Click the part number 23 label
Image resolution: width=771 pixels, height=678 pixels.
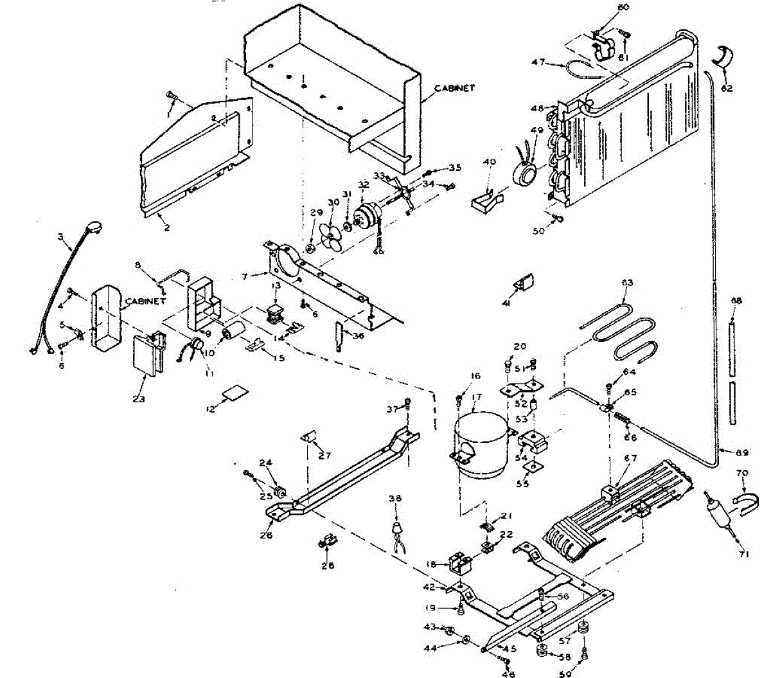[x=139, y=399]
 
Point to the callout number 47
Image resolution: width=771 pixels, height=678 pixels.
[x=538, y=62]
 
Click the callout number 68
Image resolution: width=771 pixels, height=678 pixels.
[x=736, y=301]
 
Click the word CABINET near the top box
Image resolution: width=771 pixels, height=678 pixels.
[x=454, y=88]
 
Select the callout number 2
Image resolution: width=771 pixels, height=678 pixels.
[x=166, y=227]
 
